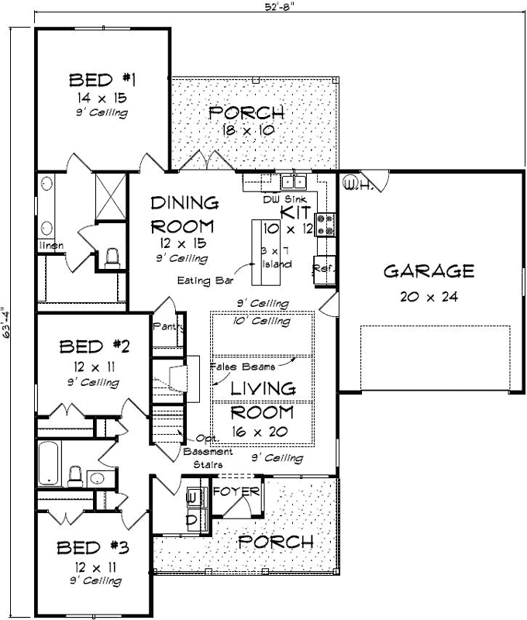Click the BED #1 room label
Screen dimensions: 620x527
tap(102, 80)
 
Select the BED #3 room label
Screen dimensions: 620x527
tap(93, 548)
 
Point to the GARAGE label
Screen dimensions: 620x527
tap(429, 271)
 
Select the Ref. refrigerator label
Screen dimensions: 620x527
tap(322, 268)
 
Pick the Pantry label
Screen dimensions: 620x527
tap(167, 327)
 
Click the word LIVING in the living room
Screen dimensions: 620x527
tap(263, 388)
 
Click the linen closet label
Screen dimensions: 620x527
tap(51, 246)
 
